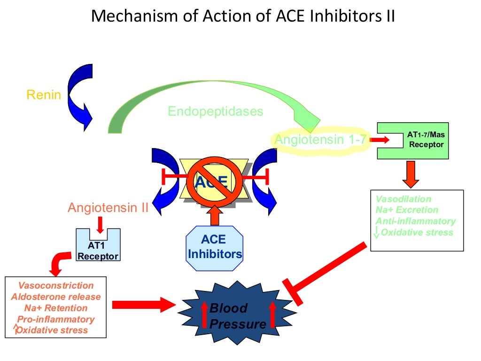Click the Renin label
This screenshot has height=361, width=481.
tap(44, 95)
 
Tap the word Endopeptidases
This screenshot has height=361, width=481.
tap(216, 111)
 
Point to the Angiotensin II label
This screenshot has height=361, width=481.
tap(108, 208)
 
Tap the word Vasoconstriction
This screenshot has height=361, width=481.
tap(56, 285)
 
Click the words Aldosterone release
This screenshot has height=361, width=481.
tap(56, 297)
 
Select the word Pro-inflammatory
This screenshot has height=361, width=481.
tap(56, 319)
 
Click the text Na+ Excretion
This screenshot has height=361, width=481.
tap(407, 210)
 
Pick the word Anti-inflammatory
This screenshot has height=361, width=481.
tap(415, 221)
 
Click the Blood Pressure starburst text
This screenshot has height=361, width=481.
tap(237, 316)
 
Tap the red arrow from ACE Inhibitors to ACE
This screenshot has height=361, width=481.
tap(215, 215)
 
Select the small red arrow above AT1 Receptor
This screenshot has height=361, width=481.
tap(100, 224)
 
